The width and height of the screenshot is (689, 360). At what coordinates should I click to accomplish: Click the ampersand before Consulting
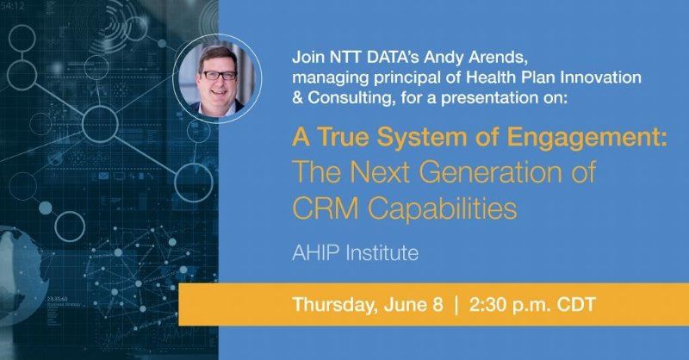coord(297,97)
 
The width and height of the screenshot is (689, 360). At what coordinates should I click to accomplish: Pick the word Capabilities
coord(442,208)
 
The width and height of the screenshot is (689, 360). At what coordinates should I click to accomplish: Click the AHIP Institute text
coord(355,253)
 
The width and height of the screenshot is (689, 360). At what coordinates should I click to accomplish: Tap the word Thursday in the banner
coord(335,305)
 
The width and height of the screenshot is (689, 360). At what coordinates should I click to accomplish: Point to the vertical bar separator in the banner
coord(456,305)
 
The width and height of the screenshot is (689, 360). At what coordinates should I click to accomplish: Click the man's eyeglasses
coord(219,75)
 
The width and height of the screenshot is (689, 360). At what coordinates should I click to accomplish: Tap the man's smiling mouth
coord(219,92)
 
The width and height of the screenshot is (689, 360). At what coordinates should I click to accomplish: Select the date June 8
coord(413,304)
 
